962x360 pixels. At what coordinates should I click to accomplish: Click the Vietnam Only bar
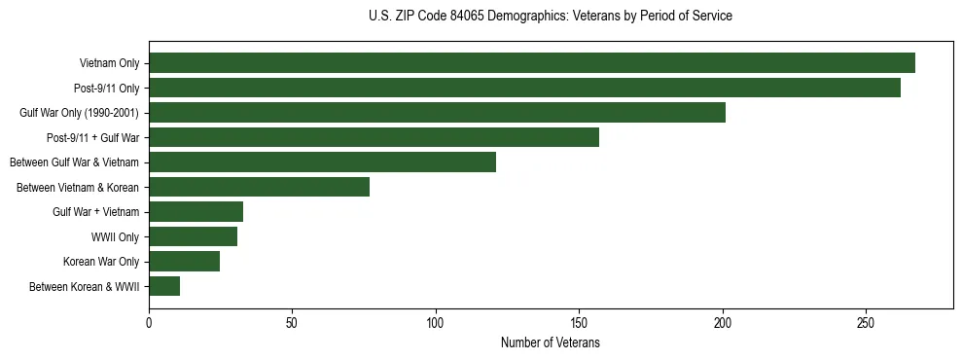pos(532,63)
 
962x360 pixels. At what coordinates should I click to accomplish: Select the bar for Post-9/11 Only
pos(524,88)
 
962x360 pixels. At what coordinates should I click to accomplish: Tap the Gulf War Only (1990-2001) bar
pos(437,113)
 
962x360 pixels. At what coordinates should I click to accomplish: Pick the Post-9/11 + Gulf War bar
pos(374,137)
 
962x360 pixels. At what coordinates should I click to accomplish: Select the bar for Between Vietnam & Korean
pos(259,187)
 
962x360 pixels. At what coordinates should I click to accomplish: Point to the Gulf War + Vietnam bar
pos(196,212)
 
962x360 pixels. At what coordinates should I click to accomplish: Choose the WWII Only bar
pos(193,236)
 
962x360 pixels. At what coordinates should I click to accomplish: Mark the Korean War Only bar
pos(184,262)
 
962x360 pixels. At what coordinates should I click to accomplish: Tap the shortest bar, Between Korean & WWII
pos(164,286)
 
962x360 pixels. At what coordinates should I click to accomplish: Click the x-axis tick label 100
pos(436,323)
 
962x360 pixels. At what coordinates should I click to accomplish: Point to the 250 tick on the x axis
pos(866,323)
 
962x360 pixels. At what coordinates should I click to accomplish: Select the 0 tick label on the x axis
pos(149,323)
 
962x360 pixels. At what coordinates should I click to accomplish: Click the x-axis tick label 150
pos(579,323)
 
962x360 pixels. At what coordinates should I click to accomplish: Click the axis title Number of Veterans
pos(550,343)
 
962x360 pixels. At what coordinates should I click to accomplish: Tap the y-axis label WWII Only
pos(115,237)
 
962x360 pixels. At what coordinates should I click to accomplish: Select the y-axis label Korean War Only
pos(101,262)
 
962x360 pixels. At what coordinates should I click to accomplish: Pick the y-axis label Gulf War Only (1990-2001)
pos(80,113)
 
